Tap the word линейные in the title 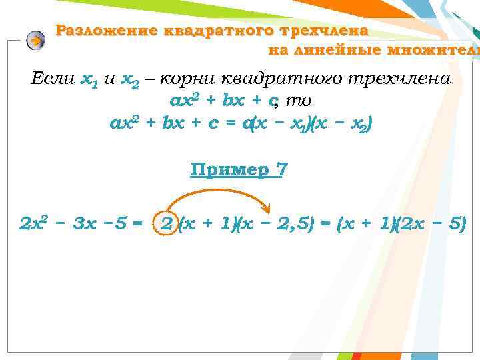click(x=311, y=51)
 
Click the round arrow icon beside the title click(x=35, y=41)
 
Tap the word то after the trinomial click(x=300, y=101)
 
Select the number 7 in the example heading click(x=283, y=170)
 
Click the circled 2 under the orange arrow click(x=166, y=225)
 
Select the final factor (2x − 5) click(x=433, y=225)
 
